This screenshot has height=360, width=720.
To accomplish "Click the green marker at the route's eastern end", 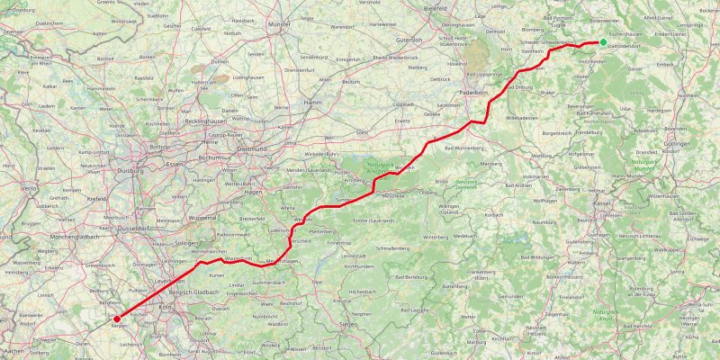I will [x=603, y=41].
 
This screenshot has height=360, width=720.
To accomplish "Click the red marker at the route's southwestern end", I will [x=116, y=317].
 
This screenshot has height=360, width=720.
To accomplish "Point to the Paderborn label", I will [x=472, y=92].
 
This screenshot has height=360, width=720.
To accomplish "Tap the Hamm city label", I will [x=313, y=103].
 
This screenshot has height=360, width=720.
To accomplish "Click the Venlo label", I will [x=30, y=189].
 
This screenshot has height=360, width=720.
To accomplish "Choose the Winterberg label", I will [x=435, y=237].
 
